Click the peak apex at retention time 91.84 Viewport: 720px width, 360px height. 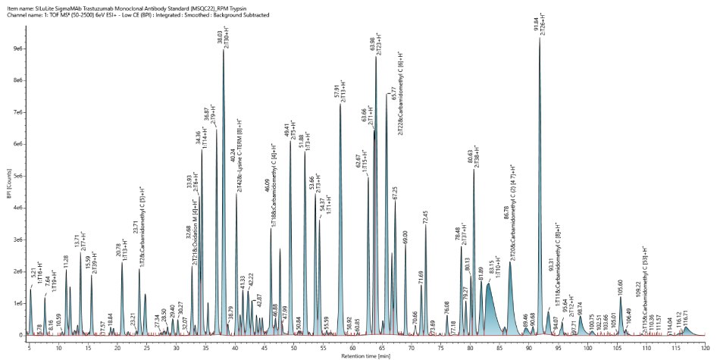[540, 39]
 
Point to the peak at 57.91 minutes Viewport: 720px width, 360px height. [340, 105]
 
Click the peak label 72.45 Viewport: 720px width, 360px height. [425, 217]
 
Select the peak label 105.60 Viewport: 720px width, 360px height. [620, 286]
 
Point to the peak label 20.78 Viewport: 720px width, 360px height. [120, 252]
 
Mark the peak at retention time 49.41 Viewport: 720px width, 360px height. [290, 142]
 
